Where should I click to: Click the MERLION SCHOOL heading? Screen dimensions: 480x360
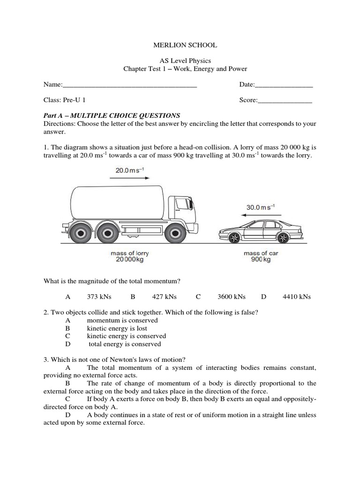pyautogui.click(x=185, y=45)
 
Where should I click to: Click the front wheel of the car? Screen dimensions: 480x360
pyautogui.click(x=233, y=238)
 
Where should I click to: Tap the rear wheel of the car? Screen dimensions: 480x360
pyautogui.click(x=283, y=238)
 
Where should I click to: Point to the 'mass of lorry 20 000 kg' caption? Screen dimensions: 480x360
pyautogui.click(x=130, y=256)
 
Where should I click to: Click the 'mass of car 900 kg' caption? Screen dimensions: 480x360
pyautogui.click(x=261, y=256)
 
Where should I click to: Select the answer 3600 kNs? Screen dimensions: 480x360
pyautogui.click(x=232, y=297)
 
